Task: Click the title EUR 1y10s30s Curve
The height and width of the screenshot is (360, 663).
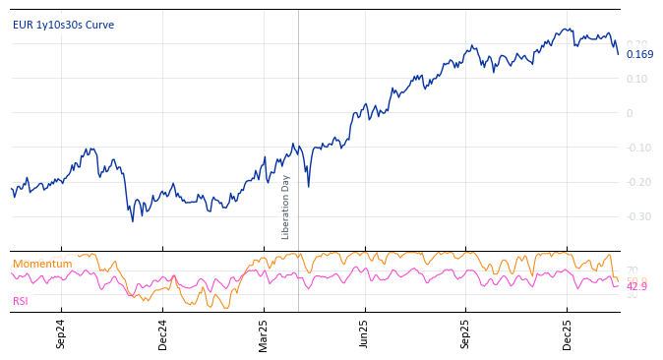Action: pos(63,26)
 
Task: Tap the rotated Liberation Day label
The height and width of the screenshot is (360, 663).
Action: pos(286,207)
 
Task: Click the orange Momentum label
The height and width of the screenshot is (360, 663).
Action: pos(42,264)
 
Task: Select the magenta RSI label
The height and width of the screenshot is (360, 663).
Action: pos(21,301)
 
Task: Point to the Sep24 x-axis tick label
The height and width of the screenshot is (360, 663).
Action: pos(61,333)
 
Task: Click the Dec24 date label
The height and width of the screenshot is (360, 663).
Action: pos(163,333)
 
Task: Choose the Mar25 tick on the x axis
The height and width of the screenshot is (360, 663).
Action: pos(264,333)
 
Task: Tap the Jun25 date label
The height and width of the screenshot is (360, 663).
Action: pos(365,333)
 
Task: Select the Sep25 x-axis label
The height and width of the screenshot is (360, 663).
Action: pos(466,333)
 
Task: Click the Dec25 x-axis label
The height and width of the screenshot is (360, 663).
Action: pos(568,333)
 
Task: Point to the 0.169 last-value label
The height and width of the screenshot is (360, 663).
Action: pos(639,55)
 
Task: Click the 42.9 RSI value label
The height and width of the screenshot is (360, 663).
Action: pos(636,286)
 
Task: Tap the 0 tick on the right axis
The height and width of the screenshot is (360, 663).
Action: pos(630,113)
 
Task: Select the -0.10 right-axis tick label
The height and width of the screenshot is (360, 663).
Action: pos(636,148)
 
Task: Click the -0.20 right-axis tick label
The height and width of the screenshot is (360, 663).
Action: pos(636,182)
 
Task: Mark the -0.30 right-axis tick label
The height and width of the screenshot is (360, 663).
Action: pos(636,216)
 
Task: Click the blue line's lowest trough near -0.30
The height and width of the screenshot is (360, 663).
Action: pos(133,220)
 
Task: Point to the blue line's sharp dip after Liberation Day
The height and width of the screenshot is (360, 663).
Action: pos(308,186)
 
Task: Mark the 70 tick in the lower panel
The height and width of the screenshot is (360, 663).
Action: pos(632,270)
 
